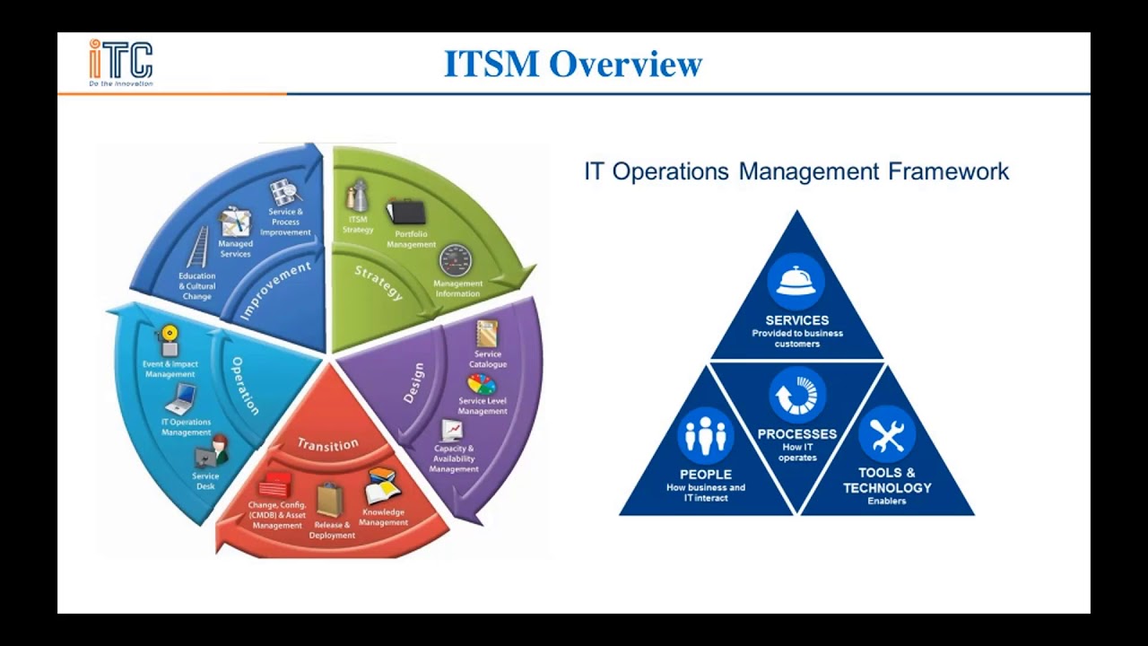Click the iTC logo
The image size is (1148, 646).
pyautogui.click(x=120, y=62)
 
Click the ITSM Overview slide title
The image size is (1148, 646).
pyautogui.click(x=573, y=65)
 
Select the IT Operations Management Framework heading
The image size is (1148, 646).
pyautogui.click(x=796, y=171)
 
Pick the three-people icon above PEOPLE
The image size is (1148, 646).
pyautogui.click(x=705, y=436)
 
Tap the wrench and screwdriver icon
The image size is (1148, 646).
pyautogui.click(x=886, y=436)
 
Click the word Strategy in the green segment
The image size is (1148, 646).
pyautogui.click(x=378, y=284)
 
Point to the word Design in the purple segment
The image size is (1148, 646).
pyautogui.click(x=413, y=383)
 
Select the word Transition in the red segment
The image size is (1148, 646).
pyautogui.click(x=327, y=444)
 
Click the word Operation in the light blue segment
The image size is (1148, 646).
pyautogui.click(x=245, y=386)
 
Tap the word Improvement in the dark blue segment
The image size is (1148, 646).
pyautogui.click(x=275, y=291)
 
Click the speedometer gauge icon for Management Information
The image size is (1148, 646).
pyautogui.click(x=456, y=261)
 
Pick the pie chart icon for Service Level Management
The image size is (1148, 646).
pyautogui.click(x=482, y=384)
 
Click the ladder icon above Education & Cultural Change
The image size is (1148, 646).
pyautogui.click(x=197, y=247)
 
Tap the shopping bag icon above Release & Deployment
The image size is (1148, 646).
pyautogui.click(x=329, y=500)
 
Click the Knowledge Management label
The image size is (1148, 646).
pyautogui.click(x=384, y=518)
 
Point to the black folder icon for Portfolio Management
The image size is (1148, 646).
pyautogui.click(x=406, y=213)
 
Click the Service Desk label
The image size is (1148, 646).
pyautogui.click(x=205, y=482)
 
